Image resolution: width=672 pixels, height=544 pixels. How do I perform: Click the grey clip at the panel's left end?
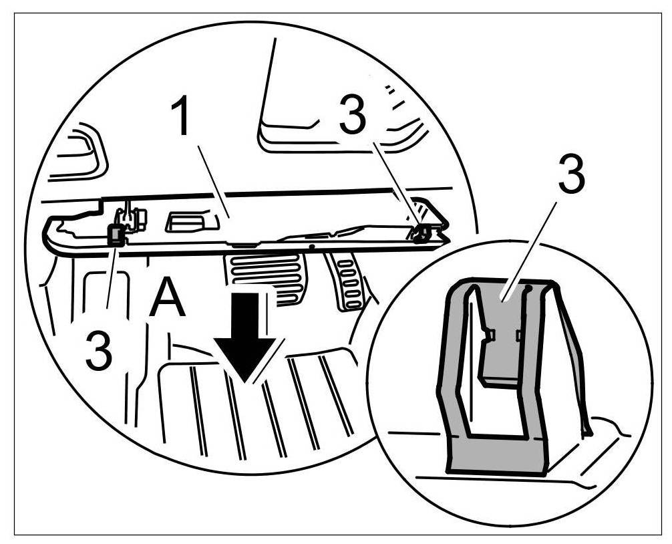click(x=116, y=234)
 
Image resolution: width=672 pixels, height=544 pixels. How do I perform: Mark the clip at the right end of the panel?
click(x=421, y=232)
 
